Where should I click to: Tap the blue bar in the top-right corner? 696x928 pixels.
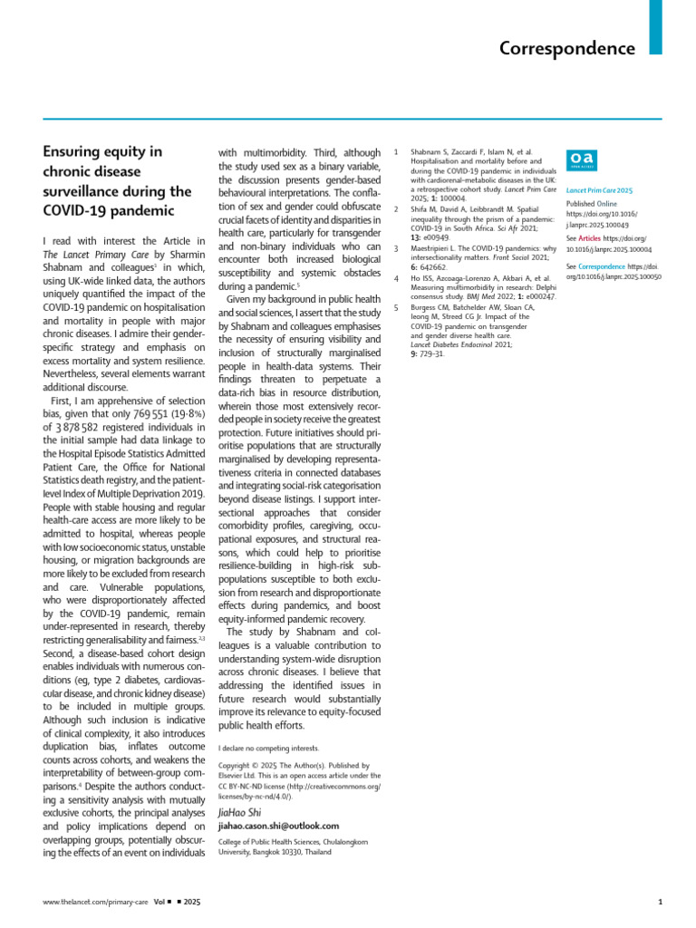tap(655, 27)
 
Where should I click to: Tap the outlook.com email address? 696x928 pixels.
tap(279, 826)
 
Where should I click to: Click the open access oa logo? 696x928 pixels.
tap(580, 159)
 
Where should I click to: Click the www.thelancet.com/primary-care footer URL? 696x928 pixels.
tap(89, 903)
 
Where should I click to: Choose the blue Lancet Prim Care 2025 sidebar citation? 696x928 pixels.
tap(599, 191)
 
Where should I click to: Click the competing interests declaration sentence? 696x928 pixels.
tap(269, 749)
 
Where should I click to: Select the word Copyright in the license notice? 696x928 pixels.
tap(237, 765)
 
